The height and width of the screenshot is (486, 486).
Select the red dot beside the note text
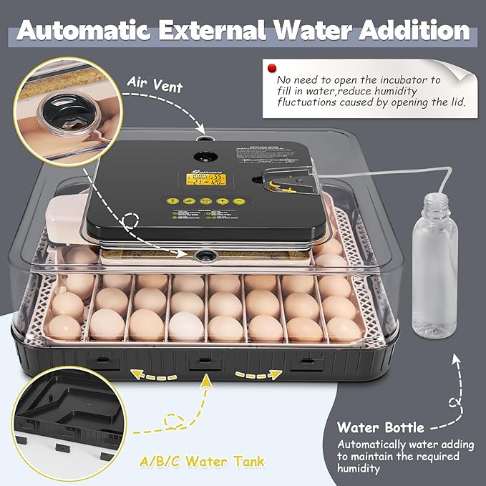(271, 68)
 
